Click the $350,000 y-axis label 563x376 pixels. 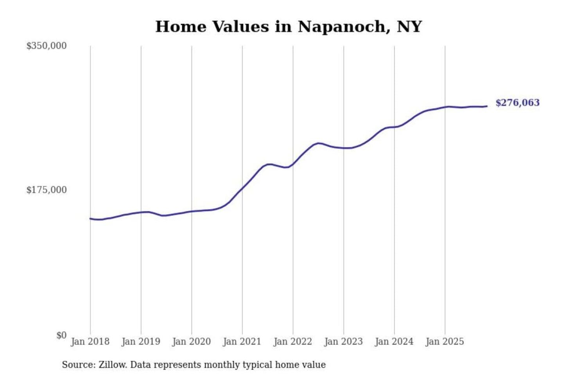tap(46, 46)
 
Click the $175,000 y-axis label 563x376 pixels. tap(46, 190)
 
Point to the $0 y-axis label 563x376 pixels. tap(61, 335)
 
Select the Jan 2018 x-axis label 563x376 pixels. tap(90, 342)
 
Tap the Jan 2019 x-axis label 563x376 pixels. tap(141, 342)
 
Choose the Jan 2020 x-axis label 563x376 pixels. tap(191, 342)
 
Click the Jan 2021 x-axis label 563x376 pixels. tap(242, 342)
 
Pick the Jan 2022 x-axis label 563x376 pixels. tap(292, 342)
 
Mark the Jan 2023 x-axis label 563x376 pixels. tap(343, 342)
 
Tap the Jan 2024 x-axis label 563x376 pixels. tap(394, 342)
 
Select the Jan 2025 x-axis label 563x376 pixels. tap(445, 342)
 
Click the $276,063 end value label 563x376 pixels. tap(517, 103)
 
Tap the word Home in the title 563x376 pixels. tap(181, 27)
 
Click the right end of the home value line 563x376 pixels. tap(487, 106)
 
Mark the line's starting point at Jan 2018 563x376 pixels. tap(90, 219)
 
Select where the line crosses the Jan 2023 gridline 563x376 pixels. tap(344, 148)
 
